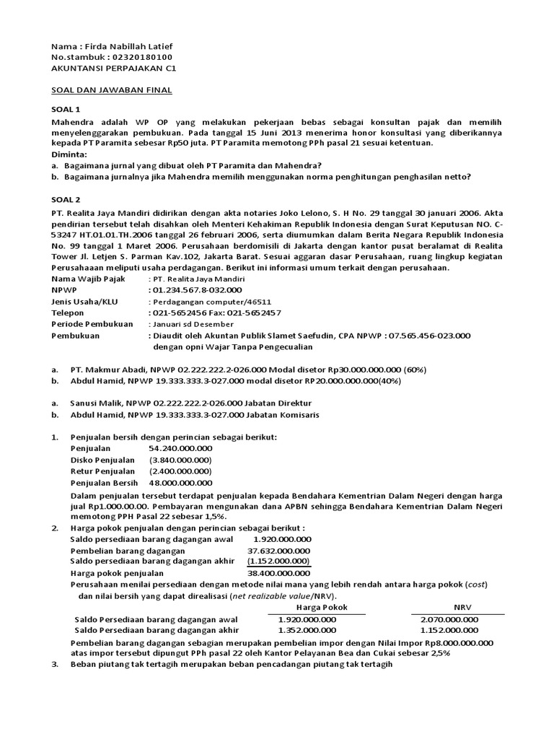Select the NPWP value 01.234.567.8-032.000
pyautogui.click(x=193, y=289)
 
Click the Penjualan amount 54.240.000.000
pyautogui.click(x=180, y=448)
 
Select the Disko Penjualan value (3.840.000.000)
pyautogui.click(x=180, y=460)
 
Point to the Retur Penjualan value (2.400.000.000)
pyautogui.click(x=180, y=471)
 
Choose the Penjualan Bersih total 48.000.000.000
pyautogui.click(x=180, y=483)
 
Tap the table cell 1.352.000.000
pyautogui.click(x=307, y=630)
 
